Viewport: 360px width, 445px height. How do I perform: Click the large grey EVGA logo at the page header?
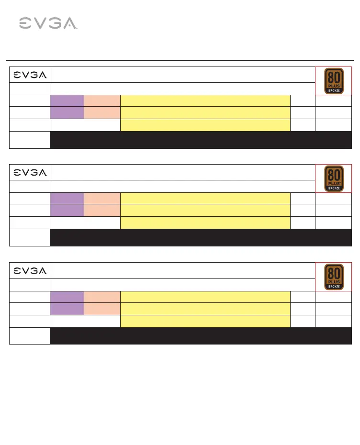pyautogui.click(x=48, y=23)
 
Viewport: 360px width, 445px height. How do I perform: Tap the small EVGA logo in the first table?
pyautogui.click(x=30, y=75)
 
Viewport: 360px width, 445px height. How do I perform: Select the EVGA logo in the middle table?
pyautogui.click(x=30, y=172)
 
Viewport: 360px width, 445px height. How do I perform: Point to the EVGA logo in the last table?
pyautogui.click(x=30, y=270)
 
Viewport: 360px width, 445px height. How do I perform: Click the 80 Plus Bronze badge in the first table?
pyautogui.click(x=334, y=81)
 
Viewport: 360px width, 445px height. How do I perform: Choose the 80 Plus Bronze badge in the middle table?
pyautogui.click(x=334, y=178)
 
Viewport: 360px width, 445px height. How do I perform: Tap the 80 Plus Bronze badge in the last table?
pyautogui.click(x=334, y=277)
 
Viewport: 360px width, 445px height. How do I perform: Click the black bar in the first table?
pyautogui.click(x=201, y=140)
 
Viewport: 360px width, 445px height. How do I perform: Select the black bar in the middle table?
pyautogui.click(x=201, y=237)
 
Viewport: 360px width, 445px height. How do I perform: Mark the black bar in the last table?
pyautogui.click(x=201, y=335)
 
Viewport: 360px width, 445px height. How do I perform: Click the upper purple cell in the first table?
pyautogui.click(x=67, y=100)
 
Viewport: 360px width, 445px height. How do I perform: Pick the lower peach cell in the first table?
pyautogui.click(x=102, y=112)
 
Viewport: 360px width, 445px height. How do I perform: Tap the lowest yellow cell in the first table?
pyautogui.click(x=205, y=125)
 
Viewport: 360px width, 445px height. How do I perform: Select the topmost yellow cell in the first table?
pyautogui.click(x=205, y=100)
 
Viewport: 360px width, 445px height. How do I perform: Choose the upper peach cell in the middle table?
pyautogui.click(x=102, y=198)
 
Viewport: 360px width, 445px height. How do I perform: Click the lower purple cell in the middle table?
pyautogui.click(x=67, y=210)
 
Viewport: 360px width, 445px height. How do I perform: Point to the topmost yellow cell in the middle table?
pyautogui.click(x=205, y=198)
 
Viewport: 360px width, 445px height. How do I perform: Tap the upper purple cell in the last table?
pyautogui.click(x=67, y=296)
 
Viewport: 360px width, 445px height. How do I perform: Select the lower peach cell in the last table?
pyautogui.click(x=102, y=309)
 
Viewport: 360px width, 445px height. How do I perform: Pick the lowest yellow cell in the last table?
pyautogui.click(x=205, y=321)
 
